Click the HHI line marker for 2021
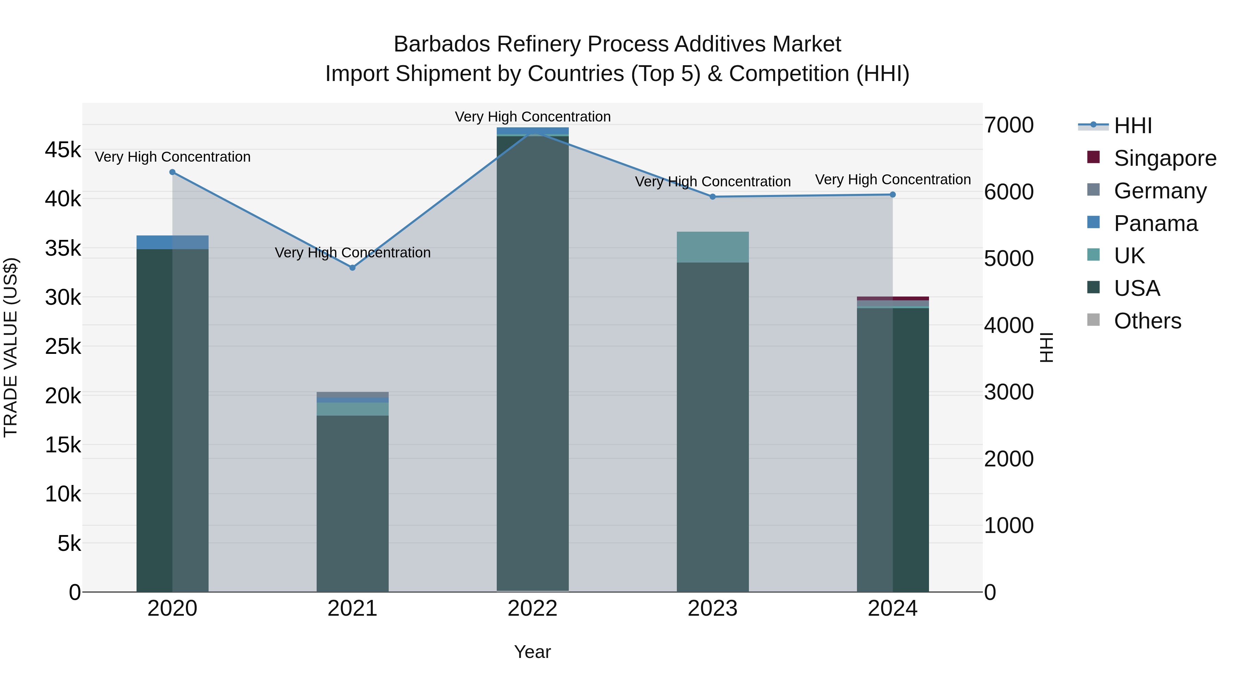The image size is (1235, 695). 352,268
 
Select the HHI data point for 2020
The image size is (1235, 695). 173,172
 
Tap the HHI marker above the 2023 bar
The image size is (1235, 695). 713,197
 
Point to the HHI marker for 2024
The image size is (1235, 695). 893,195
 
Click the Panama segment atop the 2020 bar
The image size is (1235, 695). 173,242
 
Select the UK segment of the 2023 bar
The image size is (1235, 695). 713,247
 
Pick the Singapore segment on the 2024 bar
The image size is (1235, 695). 893,298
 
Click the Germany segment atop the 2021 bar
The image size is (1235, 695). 352,394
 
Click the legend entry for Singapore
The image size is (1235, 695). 1165,158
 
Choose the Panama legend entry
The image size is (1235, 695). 1155,223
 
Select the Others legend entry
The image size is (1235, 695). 1147,321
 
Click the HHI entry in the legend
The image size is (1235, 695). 1132,126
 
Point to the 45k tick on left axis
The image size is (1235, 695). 63,150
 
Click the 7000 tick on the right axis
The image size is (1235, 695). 1009,125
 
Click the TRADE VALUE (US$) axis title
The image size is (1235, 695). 11,347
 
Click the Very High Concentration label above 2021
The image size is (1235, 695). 352,252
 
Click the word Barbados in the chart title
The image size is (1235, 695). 441,44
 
